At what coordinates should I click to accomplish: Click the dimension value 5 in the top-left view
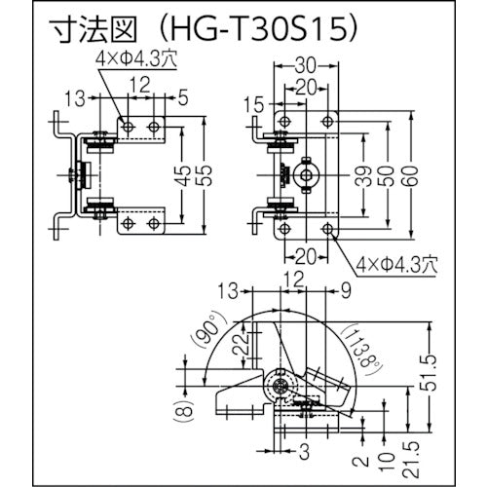click(184, 97)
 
